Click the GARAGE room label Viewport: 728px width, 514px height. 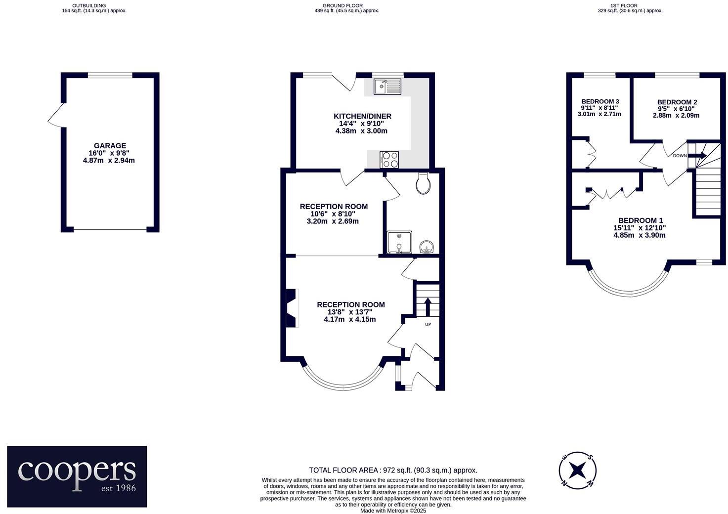pos(110,146)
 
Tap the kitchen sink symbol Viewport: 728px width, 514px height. pos(387,87)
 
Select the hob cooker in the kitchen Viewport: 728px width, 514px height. pos(389,160)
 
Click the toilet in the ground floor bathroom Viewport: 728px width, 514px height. pos(424,184)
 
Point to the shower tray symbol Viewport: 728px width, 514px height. pos(399,242)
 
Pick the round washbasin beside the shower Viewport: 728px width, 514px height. pos(426,246)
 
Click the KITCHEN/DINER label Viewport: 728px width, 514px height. pos(362,116)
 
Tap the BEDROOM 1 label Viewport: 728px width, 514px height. pos(641,220)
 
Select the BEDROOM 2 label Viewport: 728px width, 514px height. pos(677,102)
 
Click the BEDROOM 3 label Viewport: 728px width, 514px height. pos(600,101)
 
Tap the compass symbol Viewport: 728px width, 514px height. pos(577,470)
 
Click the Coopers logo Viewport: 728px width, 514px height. pos(77,476)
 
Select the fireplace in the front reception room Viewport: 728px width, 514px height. pos(293,308)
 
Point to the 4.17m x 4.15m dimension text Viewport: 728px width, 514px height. pos(350,319)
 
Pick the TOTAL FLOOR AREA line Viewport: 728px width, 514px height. pos(393,471)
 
